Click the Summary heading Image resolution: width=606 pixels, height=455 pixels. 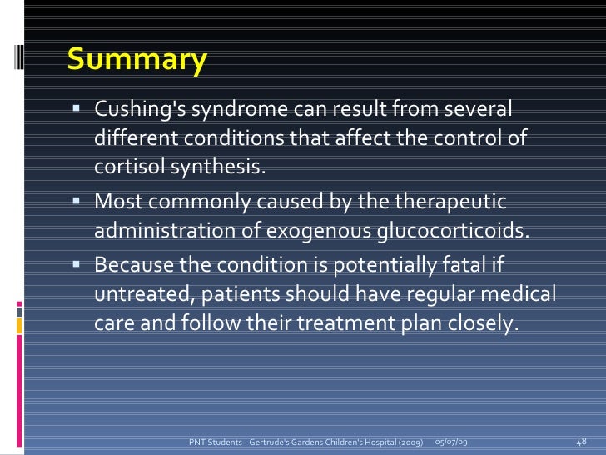137,60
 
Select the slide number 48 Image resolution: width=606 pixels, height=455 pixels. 582,440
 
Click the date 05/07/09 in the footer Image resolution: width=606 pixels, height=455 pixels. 451,440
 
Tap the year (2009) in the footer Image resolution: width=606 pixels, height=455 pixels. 407,440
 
